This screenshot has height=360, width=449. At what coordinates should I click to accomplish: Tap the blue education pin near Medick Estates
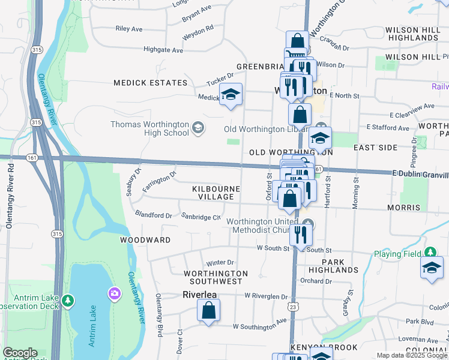(x=231, y=95)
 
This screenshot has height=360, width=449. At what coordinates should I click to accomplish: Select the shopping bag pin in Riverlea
(x=208, y=311)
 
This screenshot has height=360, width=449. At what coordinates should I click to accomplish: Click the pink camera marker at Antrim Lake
(x=113, y=293)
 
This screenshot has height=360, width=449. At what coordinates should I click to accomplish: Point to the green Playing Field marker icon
(x=430, y=253)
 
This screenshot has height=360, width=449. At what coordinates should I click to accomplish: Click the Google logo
(x=20, y=353)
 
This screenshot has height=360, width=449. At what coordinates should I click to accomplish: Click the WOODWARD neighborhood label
(x=145, y=239)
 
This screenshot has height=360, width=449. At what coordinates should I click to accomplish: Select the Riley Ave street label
(x=128, y=28)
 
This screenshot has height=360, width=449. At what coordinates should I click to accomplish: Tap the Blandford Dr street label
(x=154, y=215)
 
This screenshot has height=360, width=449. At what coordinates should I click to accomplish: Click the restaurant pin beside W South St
(x=301, y=235)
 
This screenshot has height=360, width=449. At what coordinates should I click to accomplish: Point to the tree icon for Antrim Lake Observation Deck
(x=68, y=299)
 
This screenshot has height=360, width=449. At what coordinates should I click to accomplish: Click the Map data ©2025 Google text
(x=411, y=355)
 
